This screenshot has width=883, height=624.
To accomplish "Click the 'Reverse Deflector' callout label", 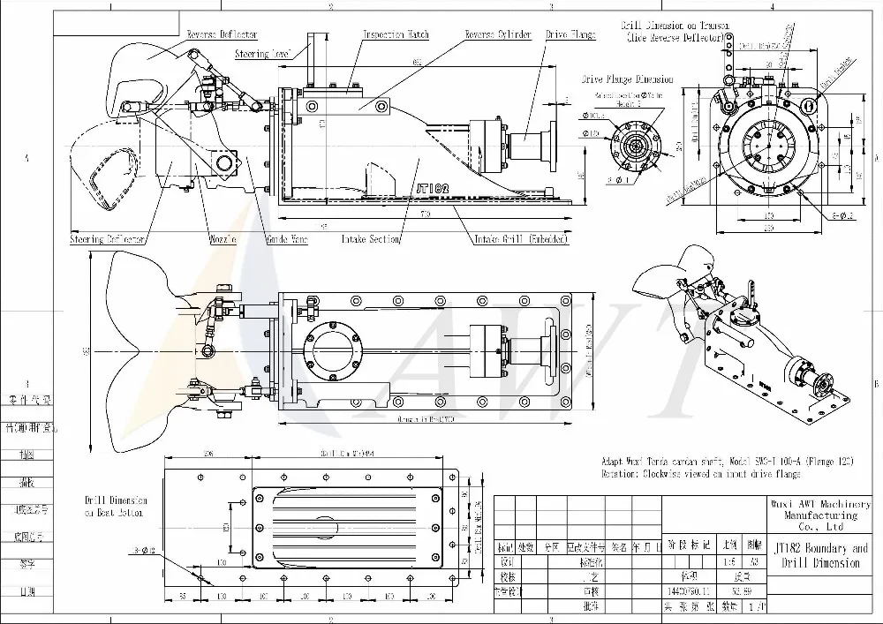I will click(221, 34).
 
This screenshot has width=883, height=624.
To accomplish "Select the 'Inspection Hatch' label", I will click(396, 34).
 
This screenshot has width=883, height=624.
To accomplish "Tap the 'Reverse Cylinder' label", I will click(498, 34).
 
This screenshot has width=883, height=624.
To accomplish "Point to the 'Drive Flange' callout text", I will click(570, 35).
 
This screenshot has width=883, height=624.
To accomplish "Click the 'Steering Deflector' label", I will click(108, 239).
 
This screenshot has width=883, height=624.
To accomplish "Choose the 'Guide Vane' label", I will click(287, 239).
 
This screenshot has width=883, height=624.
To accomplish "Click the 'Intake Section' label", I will click(371, 239).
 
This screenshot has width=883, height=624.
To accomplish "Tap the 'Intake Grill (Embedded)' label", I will click(521, 239).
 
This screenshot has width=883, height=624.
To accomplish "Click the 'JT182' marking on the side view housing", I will click(433, 188).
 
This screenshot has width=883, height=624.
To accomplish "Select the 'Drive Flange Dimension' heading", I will click(627, 79).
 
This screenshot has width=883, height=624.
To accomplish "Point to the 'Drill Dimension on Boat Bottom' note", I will click(116, 506).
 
